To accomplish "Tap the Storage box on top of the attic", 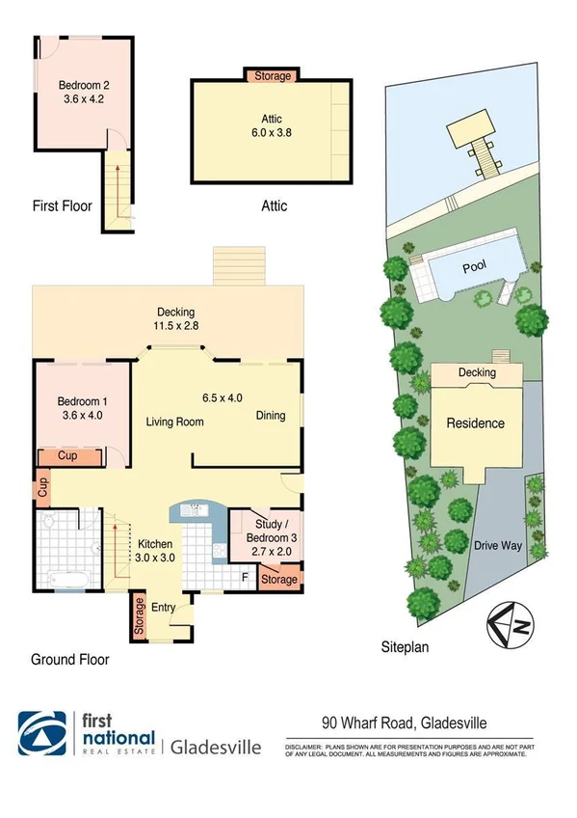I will coord(274,75).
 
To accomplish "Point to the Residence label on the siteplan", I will coord(475,423).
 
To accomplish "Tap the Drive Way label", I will coord(497,545).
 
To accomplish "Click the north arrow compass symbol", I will coord(509,624).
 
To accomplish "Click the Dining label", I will coord(271,416).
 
